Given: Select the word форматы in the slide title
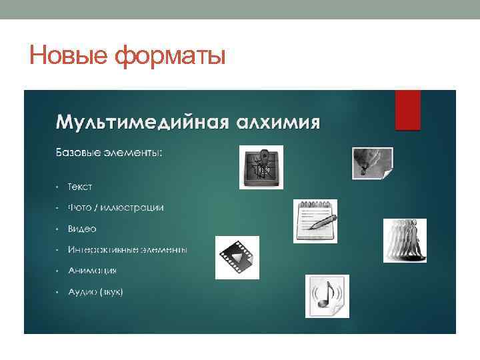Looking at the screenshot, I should click(170, 55).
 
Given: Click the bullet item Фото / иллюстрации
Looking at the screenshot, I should click(115, 207).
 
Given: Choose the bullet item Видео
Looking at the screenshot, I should click(81, 229).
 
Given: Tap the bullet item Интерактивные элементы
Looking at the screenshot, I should click(127, 249).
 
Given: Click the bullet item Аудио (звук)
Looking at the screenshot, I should click(95, 292).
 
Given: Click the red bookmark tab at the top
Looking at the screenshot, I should click(407, 109).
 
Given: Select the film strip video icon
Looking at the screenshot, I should click(236, 257).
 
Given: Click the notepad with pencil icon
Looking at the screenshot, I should click(315, 221).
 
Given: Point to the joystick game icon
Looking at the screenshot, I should click(261, 167).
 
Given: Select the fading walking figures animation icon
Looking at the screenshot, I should click(405, 240).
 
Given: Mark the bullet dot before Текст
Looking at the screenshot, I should click(58, 186).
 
